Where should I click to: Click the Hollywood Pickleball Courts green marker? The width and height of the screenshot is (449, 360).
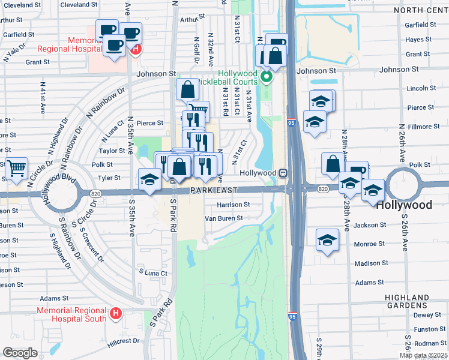tap(268, 77)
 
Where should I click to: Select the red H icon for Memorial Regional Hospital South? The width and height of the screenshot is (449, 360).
tap(116, 313)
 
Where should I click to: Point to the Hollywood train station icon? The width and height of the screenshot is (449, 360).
tap(282, 173)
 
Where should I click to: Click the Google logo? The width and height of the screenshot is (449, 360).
tap(20, 353)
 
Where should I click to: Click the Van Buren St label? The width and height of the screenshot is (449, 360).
tap(224, 218)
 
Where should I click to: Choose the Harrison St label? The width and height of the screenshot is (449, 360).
tap(234, 205)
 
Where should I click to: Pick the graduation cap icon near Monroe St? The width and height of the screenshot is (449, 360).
tap(327, 240)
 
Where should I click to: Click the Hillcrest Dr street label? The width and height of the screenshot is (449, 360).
tap(123, 341)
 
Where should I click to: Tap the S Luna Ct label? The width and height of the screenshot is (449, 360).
tap(152, 272)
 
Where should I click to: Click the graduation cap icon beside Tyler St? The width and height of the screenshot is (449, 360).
tap(149, 178)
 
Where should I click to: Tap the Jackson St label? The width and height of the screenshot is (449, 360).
tap(370, 225)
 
